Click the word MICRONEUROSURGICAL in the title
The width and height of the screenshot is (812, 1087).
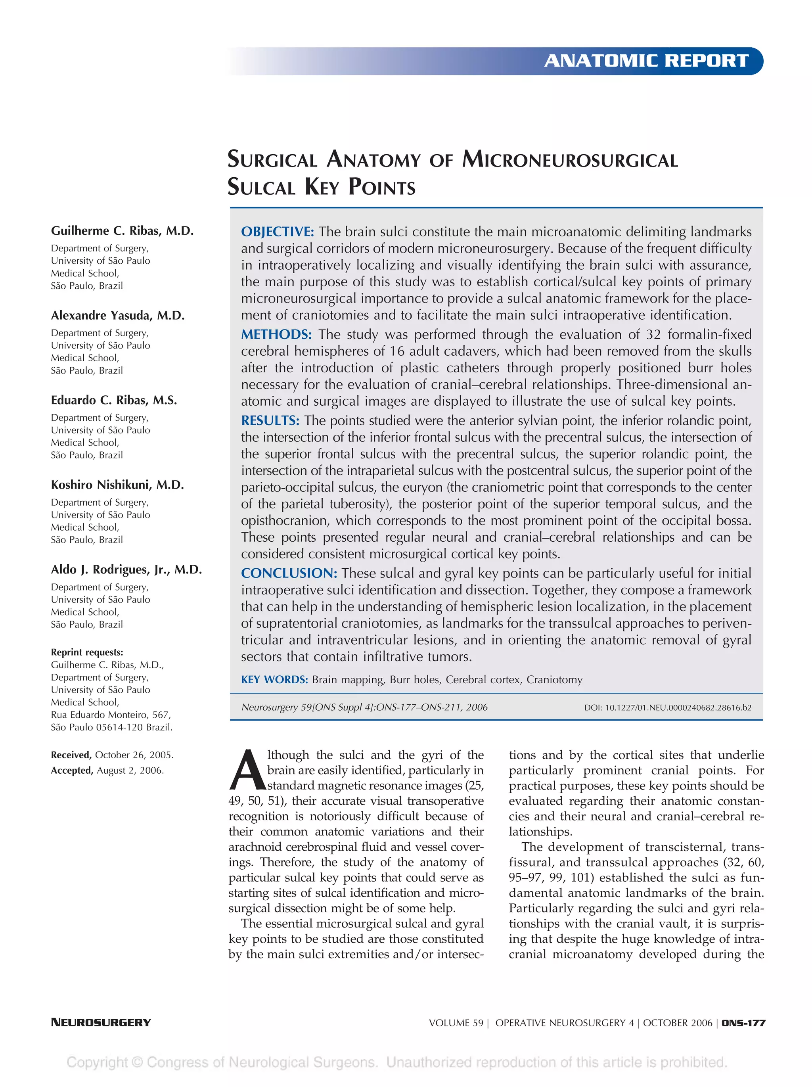[569, 160]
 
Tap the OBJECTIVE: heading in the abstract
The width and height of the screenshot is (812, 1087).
[277, 232]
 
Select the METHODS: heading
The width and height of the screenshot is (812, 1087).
[276, 334]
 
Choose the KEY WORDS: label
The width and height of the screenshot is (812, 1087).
[274, 680]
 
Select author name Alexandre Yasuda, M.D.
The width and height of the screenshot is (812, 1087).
[118, 316]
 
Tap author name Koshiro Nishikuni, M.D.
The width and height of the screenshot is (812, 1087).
[117, 485]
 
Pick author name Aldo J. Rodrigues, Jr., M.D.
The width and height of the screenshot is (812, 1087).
[126, 569]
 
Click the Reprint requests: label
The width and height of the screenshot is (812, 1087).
[87, 652]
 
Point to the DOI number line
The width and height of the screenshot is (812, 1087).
[667, 707]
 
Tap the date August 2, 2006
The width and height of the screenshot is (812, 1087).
[130, 770]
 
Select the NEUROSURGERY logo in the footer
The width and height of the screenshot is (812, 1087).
[101, 1023]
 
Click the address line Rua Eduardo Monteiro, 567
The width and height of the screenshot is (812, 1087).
[111, 715]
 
